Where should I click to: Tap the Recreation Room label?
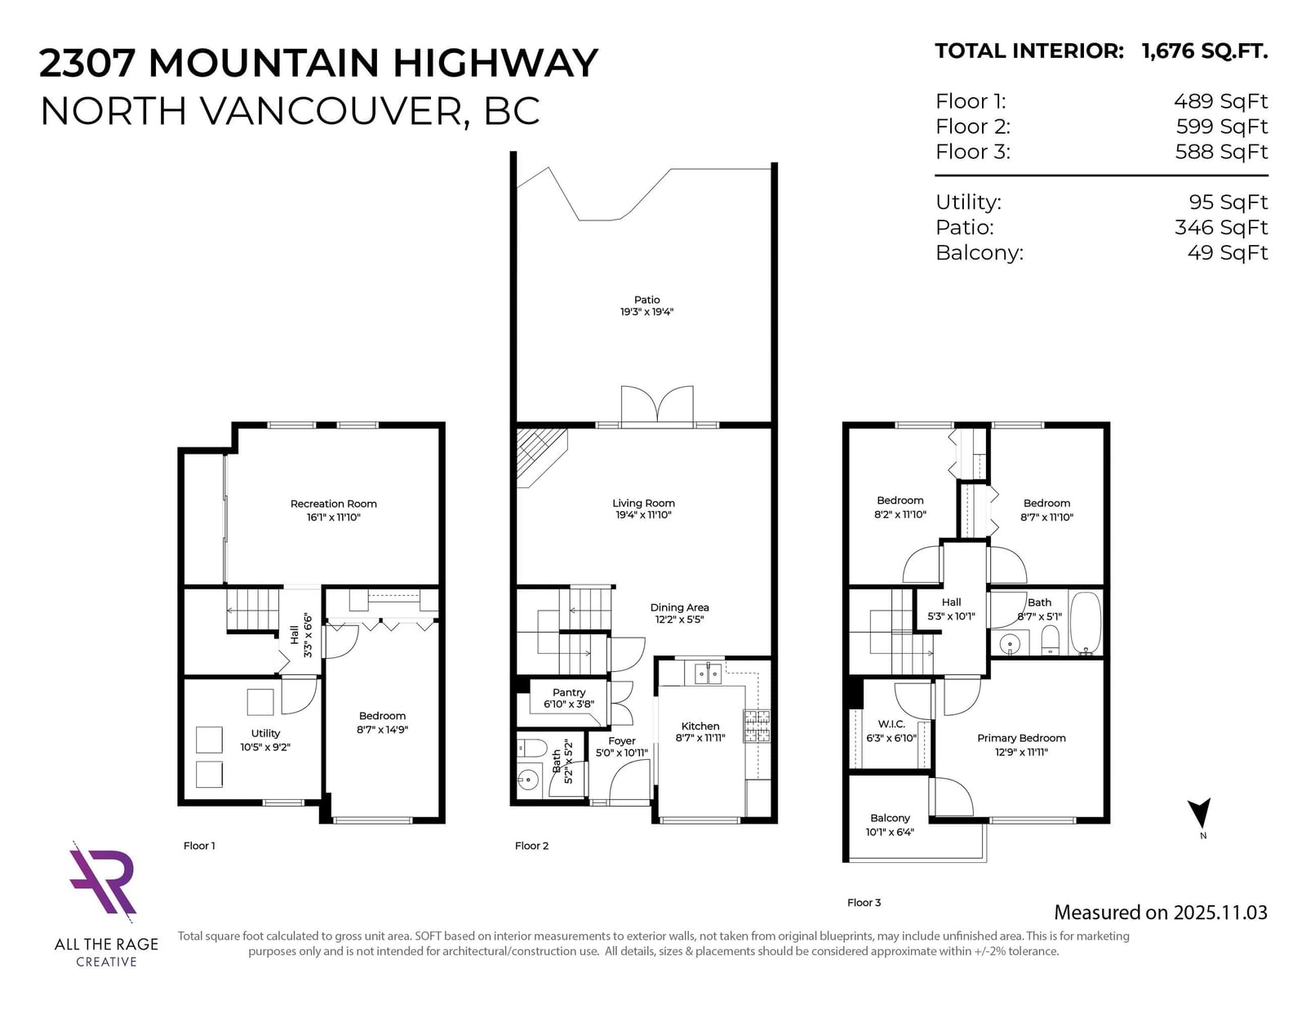click(334, 504)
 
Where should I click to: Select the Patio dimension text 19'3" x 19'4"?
click(646, 311)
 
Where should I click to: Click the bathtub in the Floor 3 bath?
click(1086, 623)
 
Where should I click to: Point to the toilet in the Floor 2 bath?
click(531, 749)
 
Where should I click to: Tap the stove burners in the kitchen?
click(757, 726)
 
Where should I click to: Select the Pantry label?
click(569, 692)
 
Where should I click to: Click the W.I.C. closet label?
click(891, 724)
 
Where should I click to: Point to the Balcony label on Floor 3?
click(890, 818)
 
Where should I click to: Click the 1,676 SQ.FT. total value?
click(1205, 51)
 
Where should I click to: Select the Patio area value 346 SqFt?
click(1221, 227)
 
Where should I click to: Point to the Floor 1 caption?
click(199, 846)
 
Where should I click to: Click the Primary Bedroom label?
click(1021, 738)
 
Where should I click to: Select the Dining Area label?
click(679, 607)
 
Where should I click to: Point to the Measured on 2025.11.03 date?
click(1161, 912)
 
